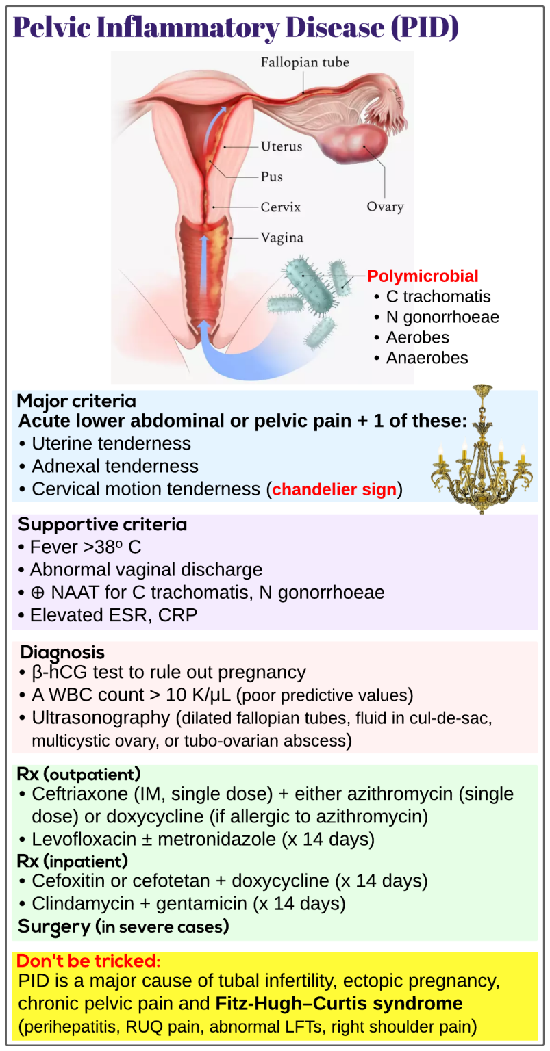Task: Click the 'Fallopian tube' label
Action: (305, 62)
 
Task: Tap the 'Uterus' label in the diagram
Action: (282, 146)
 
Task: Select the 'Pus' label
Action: (271, 177)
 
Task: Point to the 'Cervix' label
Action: (280, 207)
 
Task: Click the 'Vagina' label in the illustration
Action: (282, 237)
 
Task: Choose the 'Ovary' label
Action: (385, 207)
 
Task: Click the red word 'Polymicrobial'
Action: (423, 276)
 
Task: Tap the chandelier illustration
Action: (482, 449)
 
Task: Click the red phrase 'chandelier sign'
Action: (334, 489)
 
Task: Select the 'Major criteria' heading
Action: (77, 401)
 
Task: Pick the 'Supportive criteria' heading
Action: (102, 525)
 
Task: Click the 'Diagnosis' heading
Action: (62, 652)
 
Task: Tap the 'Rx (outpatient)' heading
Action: (79, 774)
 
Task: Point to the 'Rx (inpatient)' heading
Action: (73, 861)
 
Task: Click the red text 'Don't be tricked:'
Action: (88, 961)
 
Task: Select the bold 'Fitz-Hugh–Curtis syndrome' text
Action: (338, 1003)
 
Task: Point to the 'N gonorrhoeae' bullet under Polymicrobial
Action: (442, 317)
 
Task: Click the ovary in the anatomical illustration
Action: (353, 144)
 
